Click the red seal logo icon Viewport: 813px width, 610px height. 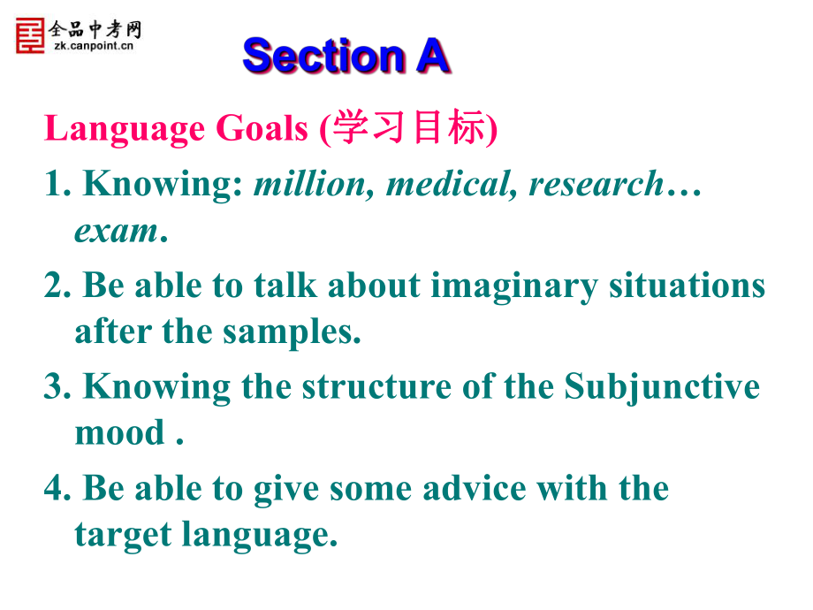[x=30, y=35]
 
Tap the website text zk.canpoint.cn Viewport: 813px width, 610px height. [x=94, y=46]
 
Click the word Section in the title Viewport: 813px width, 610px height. [x=323, y=56]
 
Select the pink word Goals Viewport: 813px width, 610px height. [x=262, y=128]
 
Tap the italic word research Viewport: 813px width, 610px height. [x=596, y=184]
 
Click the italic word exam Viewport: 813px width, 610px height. [x=116, y=232]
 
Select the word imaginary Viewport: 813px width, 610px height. [x=513, y=286]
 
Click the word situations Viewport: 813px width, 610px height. [x=687, y=286]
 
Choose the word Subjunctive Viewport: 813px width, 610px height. [x=662, y=387]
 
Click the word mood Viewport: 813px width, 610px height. [x=120, y=432]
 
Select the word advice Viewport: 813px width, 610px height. [x=474, y=488]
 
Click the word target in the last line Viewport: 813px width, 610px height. [x=123, y=536]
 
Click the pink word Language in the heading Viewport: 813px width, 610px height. [x=125, y=129]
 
